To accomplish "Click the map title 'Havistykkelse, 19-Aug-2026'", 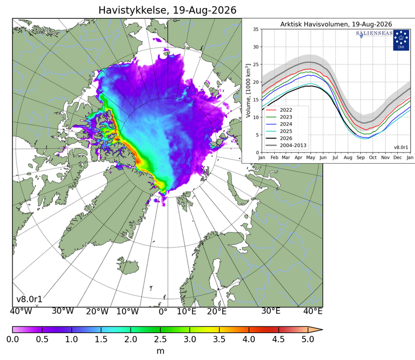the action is point(167,10).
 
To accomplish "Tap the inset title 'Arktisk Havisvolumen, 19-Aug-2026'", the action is point(336,25).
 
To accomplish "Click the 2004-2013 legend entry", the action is point(286,145).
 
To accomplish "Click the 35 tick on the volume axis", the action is point(255,29).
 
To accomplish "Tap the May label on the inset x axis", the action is point(311,157).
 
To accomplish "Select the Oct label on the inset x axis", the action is point(373,157).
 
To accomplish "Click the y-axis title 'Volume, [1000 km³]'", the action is point(248,90).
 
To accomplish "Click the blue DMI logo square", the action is point(401,41).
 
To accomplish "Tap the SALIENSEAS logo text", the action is point(374,34).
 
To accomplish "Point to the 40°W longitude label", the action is point(21,312).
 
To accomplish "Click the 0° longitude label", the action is point(163,312).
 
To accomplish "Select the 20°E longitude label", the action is point(217,312).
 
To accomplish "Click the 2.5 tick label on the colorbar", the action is point(160,339).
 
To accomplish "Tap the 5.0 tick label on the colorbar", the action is point(308,339).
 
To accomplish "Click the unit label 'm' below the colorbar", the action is point(160,351).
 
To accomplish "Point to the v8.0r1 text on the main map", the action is point(29,300).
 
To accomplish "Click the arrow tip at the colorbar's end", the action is point(323,330).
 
